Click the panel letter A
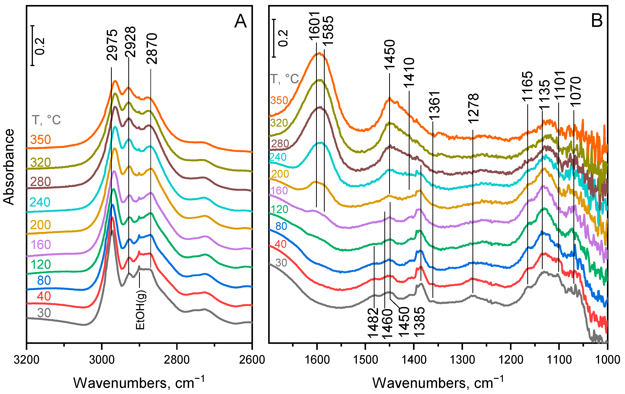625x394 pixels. [240, 22]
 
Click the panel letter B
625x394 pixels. [597, 21]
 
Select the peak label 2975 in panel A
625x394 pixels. [112, 45]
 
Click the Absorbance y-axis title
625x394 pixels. [9, 167]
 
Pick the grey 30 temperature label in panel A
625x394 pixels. [44, 313]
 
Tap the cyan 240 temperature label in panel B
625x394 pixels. [278, 157]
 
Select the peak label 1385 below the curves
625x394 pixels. [419, 322]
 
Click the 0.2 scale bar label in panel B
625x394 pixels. [283, 38]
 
